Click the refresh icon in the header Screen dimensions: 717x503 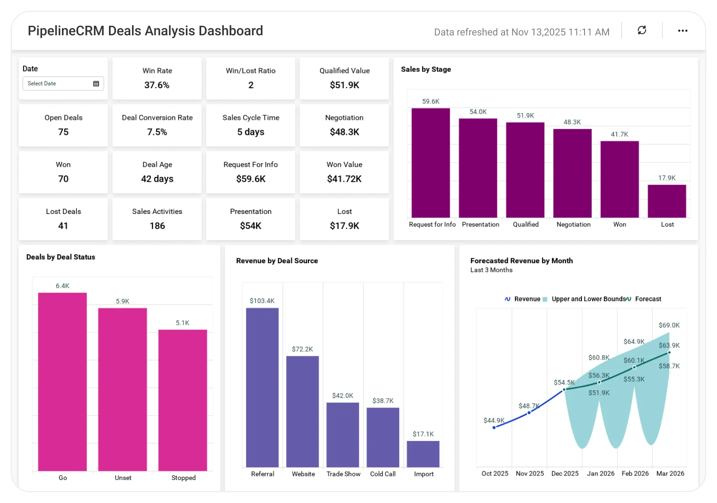click(x=642, y=30)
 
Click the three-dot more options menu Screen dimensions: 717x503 click(x=683, y=31)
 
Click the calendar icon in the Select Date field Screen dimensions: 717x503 click(x=96, y=84)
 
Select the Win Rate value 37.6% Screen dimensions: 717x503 click(x=156, y=85)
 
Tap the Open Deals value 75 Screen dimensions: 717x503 click(x=63, y=132)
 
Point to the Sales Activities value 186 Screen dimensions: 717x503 click(x=157, y=226)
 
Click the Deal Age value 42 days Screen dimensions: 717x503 click(x=157, y=179)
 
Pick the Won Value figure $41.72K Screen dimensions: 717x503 click(x=344, y=179)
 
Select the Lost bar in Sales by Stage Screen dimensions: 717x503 click(x=667, y=201)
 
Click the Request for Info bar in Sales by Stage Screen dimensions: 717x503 click(x=430, y=163)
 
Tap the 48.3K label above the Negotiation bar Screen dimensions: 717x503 click(x=572, y=122)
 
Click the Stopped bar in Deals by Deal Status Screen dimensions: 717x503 click(x=183, y=400)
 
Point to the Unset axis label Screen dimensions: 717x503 click(x=123, y=478)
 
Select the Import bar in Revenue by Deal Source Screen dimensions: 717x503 click(x=423, y=454)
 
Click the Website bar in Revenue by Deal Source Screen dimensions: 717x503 click(x=302, y=412)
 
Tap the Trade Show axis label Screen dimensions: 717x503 click(x=343, y=474)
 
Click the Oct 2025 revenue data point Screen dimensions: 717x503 click(x=494, y=427)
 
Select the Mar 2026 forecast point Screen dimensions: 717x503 click(x=669, y=352)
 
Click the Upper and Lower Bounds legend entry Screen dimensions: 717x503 click(x=585, y=299)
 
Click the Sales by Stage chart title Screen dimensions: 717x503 click(x=426, y=69)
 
